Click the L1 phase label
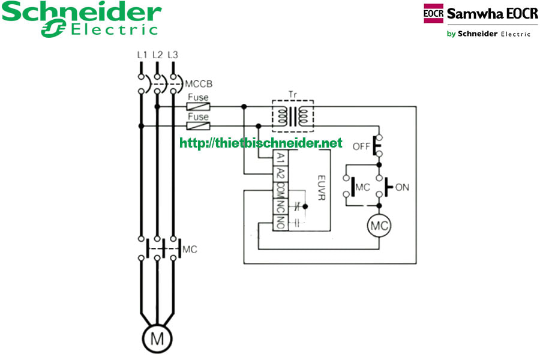pyautogui.click(x=142, y=55)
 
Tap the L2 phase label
pyautogui.click(x=157, y=55)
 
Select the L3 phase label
pyautogui.click(x=173, y=55)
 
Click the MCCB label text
pyautogui.click(x=199, y=83)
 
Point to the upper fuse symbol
pyautogui.click(x=198, y=107)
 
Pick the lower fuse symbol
pyautogui.click(x=198, y=126)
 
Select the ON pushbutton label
pyautogui.click(x=402, y=187)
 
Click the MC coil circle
pyautogui.click(x=379, y=226)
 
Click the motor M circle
pyautogui.click(x=157, y=338)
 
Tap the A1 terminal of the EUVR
pyautogui.click(x=280, y=158)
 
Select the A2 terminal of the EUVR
pyautogui.click(x=280, y=174)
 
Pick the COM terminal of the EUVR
pyautogui.click(x=280, y=190)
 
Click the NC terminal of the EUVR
pyautogui.click(x=280, y=206)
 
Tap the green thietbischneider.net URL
pyautogui.click(x=261, y=143)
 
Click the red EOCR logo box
pyautogui.click(x=433, y=13)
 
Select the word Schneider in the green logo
pyautogui.click(x=82, y=12)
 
